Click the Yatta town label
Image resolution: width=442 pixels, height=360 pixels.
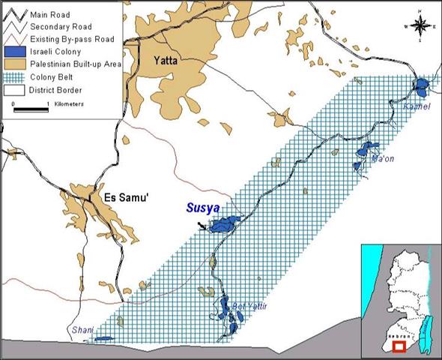(x=164, y=61)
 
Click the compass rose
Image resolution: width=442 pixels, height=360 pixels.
(x=422, y=27)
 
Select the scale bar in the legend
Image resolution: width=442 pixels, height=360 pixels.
(x=31, y=109)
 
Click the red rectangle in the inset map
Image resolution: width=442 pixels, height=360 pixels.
(x=401, y=346)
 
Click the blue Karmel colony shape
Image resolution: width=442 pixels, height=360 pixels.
(x=423, y=85)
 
